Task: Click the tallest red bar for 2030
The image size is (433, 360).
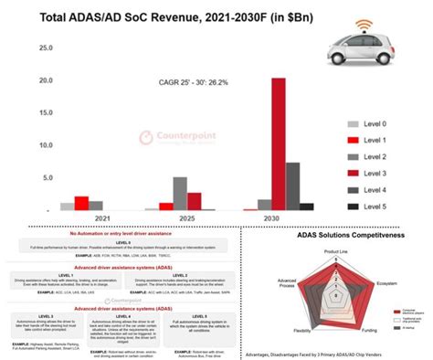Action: (x=277, y=144)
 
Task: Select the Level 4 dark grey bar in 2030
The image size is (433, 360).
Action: (x=292, y=186)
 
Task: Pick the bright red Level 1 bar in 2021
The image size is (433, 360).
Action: (x=81, y=203)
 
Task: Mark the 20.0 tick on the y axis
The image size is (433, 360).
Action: (x=39, y=79)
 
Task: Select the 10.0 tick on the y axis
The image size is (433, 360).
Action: (x=39, y=144)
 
